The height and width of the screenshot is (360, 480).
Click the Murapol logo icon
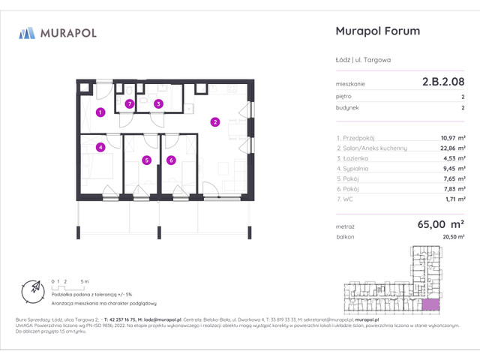(27, 32)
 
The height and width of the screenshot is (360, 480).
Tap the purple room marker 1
(100, 112)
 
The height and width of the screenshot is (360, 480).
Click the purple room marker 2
(214, 122)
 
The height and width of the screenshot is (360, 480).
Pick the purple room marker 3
(158, 104)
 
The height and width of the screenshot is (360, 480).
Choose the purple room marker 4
(100, 147)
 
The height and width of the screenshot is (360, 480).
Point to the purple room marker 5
(147, 160)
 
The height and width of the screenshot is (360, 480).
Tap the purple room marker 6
(171, 160)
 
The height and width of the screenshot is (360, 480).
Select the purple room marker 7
(130, 104)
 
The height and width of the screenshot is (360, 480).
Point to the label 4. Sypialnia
(355, 169)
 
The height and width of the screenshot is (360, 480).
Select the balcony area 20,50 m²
(452, 237)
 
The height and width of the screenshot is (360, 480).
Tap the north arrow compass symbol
(33, 289)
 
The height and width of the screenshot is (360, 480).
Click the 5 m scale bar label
(87, 280)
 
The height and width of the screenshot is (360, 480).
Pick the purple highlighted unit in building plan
(430, 304)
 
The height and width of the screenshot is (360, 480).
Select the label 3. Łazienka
(355, 159)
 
